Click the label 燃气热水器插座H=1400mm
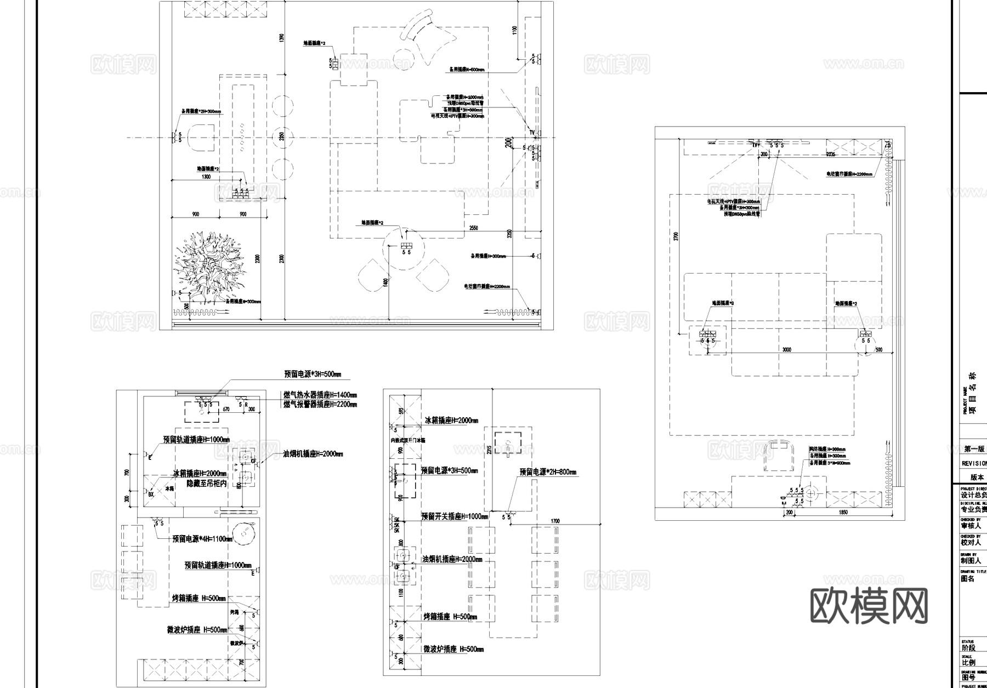point(320,395)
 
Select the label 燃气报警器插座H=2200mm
point(320,405)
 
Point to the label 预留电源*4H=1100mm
point(202,539)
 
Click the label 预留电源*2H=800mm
point(548,472)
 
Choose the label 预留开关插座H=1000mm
point(455,516)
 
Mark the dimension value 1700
point(555,521)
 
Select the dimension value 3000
point(787,350)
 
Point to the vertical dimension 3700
point(676,236)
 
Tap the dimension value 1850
point(843,513)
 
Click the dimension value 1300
point(206,177)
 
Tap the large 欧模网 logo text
point(869,606)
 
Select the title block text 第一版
point(974,449)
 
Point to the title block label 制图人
point(971,561)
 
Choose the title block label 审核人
point(971,525)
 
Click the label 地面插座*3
point(723,303)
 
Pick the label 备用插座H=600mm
point(466,70)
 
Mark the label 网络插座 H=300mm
point(827,449)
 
